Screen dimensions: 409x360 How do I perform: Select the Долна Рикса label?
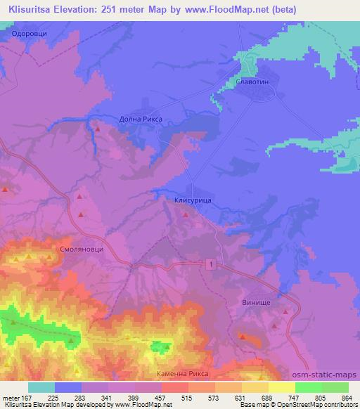[141, 119]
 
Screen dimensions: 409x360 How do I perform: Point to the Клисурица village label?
[193, 200]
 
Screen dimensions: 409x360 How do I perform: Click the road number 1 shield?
[210, 263]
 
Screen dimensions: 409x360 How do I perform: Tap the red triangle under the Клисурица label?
[186, 215]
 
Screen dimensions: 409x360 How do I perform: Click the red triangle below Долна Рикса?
[98, 129]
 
